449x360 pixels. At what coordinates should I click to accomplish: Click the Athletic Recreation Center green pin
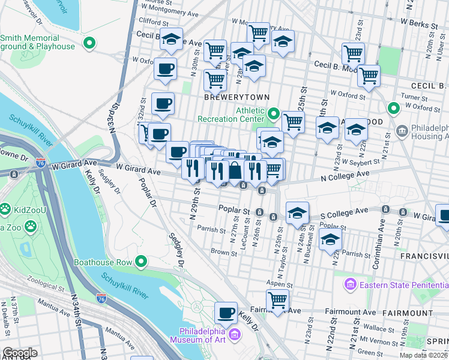point(274,113)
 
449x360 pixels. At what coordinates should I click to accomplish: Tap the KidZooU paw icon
point(5,208)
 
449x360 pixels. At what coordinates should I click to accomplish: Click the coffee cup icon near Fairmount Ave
point(226,313)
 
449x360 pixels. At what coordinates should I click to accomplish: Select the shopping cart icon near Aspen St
point(277,299)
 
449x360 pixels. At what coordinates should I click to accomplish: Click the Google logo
point(20,353)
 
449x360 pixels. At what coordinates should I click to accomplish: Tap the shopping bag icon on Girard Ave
point(235,172)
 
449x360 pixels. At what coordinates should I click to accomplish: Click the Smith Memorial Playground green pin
point(89,43)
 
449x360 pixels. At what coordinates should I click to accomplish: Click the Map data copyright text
point(422,355)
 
